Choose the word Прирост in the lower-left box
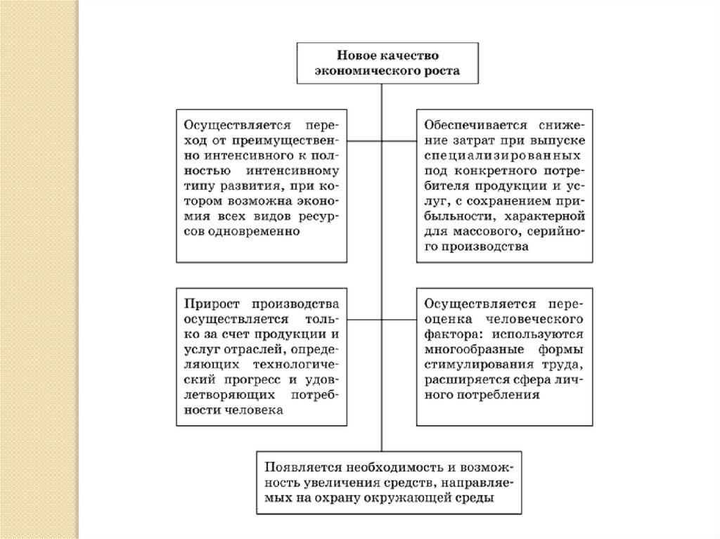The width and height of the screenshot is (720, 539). (x=210, y=304)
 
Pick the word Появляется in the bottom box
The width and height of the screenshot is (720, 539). (x=298, y=467)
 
